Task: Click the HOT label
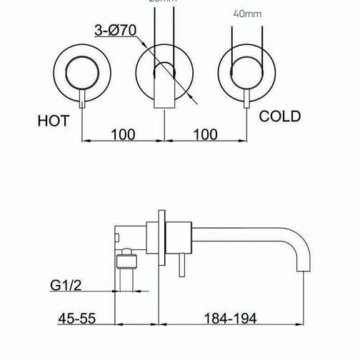pyautogui.click(x=54, y=121)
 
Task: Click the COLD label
pyautogui.click(x=280, y=116)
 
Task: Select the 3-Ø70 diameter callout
pyautogui.click(x=116, y=31)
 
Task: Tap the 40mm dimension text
pyautogui.click(x=247, y=12)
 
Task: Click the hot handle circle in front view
pyautogui.click(x=84, y=71)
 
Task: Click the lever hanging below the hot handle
pyautogui.click(x=84, y=99)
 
